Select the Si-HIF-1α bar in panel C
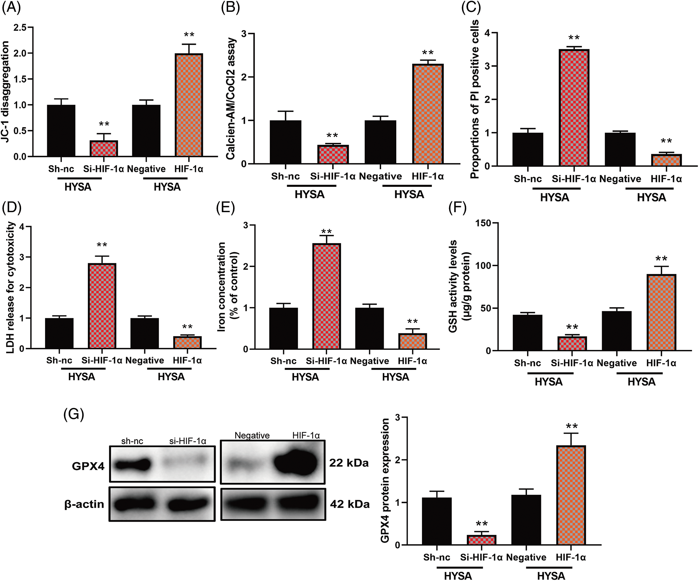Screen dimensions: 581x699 pyautogui.click(x=574, y=108)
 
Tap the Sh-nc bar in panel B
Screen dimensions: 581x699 pyautogui.click(x=285, y=142)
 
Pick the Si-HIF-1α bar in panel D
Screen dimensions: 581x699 pyautogui.click(x=102, y=306)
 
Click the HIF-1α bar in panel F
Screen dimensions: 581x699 pyautogui.click(x=661, y=312)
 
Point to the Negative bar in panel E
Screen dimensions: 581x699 pyautogui.click(x=369, y=328)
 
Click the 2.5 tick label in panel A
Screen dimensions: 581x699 pyautogui.click(x=21, y=28)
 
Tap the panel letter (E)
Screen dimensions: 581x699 pyautogui.click(x=226, y=208)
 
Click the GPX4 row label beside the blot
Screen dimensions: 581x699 pyautogui.click(x=88, y=466)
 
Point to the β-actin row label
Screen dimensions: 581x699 pyautogui.click(x=84, y=504)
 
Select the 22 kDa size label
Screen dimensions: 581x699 pyautogui.click(x=349, y=463)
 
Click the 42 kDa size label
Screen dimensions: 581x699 pyautogui.click(x=349, y=504)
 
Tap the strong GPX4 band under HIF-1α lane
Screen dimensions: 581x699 pyautogui.click(x=296, y=463)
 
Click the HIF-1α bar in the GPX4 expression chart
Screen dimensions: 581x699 pyautogui.click(x=571, y=495)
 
